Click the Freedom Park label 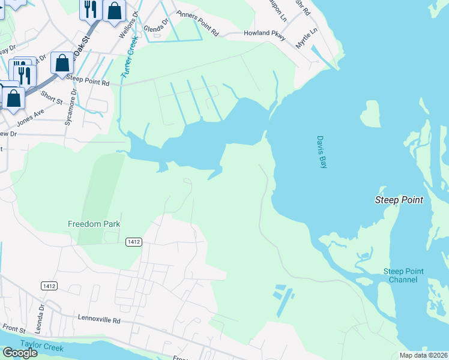[x=94, y=224]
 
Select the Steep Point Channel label [x=403, y=275]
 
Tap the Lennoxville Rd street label [x=99, y=320]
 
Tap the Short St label [x=52, y=97]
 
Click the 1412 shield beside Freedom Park [x=134, y=242]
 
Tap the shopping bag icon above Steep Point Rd [x=62, y=62]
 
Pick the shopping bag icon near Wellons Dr [x=114, y=10]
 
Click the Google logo [x=20, y=352]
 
